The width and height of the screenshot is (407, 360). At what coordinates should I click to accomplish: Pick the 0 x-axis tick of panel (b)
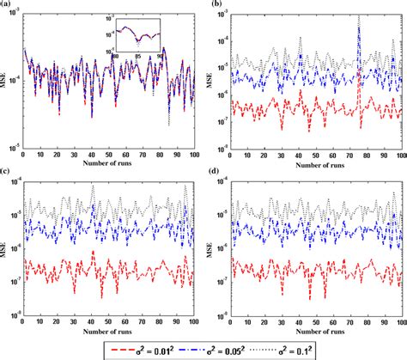click(231, 148)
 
